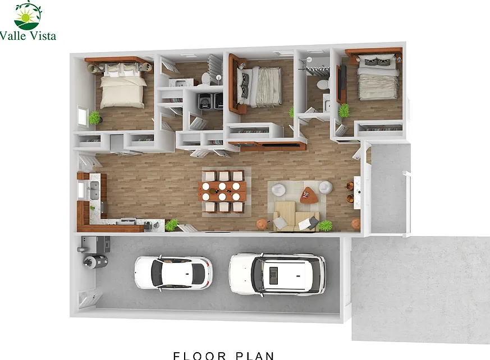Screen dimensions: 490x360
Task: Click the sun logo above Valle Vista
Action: [x=28, y=16]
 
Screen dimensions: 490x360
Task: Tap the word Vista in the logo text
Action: [x=43, y=35]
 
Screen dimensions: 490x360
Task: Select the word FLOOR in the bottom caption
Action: [x=200, y=356]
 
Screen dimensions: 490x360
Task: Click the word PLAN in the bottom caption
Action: [x=255, y=356]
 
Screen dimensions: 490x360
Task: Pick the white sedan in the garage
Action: [x=173, y=273]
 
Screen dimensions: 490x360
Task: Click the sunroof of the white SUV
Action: [x=273, y=275]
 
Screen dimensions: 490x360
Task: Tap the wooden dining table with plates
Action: [x=222, y=191]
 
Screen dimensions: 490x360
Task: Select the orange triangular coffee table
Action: [x=309, y=195]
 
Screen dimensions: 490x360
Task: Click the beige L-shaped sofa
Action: [x=296, y=216]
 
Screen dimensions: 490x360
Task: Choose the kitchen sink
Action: [x=94, y=190]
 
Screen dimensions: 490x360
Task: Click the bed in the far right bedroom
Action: [x=378, y=77]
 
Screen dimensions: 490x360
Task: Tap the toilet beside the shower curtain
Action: [x=323, y=84]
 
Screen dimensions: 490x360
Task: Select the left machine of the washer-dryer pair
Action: [x=205, y=101]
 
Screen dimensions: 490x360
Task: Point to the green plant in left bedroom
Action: [x=94, y=118]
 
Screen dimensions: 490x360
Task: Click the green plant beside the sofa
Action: [x=325, y=225]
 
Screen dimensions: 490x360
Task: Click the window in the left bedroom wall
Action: [x=83, y=116]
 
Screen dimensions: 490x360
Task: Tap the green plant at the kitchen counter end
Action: [x=172, y=224]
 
